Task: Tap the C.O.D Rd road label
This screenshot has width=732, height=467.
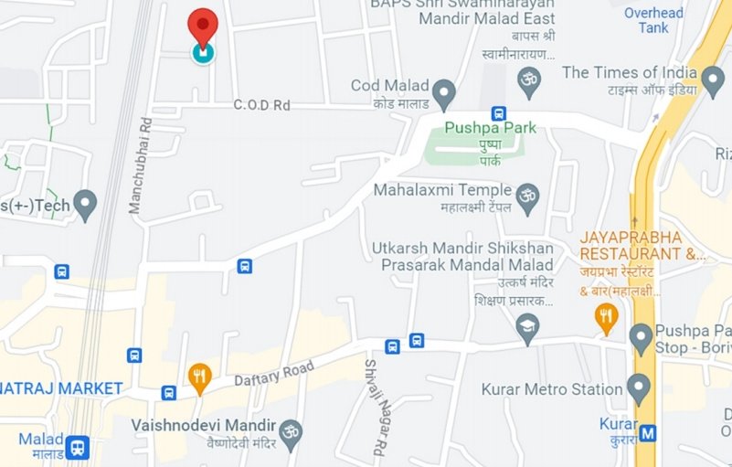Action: tap(261, 105)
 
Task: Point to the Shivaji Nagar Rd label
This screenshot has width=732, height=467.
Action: tap(373, 408)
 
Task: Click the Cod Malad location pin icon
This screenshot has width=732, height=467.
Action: tap(444, 93)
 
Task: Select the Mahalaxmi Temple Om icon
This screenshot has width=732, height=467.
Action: tap(527, 195)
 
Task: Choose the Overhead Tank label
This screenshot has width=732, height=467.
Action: tap(653, 20)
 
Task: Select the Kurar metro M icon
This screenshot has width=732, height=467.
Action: tap(649, 433)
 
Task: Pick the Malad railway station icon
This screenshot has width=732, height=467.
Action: tap(78, 447)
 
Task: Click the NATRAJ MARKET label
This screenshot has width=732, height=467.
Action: tap(60, 388)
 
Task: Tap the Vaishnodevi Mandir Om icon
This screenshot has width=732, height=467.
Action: tap(291, 430)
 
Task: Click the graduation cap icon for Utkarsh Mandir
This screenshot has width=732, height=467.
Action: tap(527, 327)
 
